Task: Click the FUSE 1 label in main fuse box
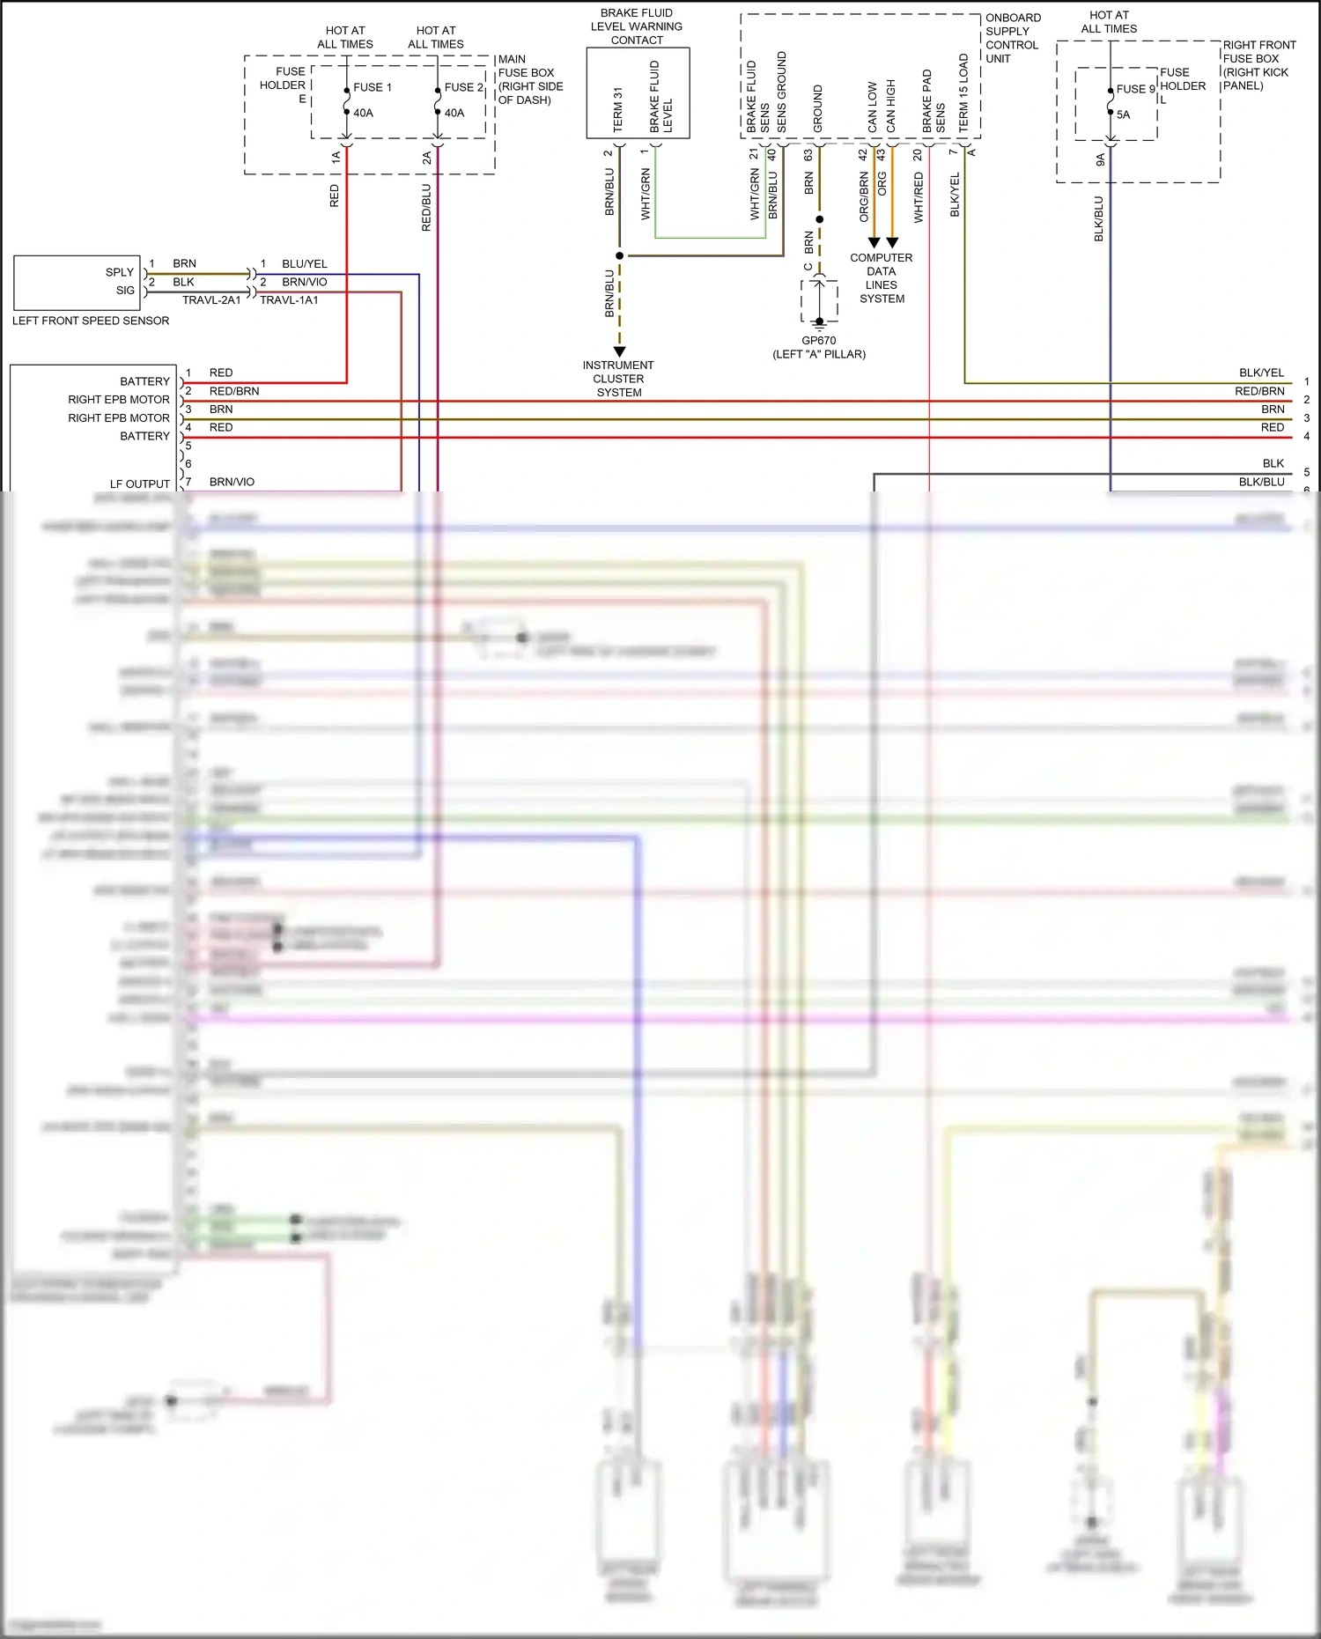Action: click(373, 87)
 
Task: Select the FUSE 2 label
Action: click(463, 87)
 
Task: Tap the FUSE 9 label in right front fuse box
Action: click(1135, 89)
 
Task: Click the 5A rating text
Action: click(1123, 114)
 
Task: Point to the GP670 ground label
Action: click(818, 341)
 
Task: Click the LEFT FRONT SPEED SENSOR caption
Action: click(91, 321)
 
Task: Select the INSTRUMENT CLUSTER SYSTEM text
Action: click(618, 379)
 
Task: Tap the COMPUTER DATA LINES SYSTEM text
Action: click(881, 278)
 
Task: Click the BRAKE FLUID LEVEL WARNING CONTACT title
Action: click(636, 26)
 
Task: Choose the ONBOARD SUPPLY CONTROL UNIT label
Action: click(1013, 38)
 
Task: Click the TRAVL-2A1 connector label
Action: click(211, 300)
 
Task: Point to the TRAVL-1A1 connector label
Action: click(289, 300)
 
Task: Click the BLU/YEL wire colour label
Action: click(304, 264)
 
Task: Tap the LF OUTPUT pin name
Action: click(139, 484)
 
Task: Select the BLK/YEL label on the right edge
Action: click(1261, 373)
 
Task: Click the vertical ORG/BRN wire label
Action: click(864, 196)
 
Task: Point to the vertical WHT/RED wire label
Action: click(919, 197)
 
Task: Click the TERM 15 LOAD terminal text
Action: click(963, 93)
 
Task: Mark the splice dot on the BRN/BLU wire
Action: click(619, 255)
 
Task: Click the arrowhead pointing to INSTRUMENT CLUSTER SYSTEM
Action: click(619, 351)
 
